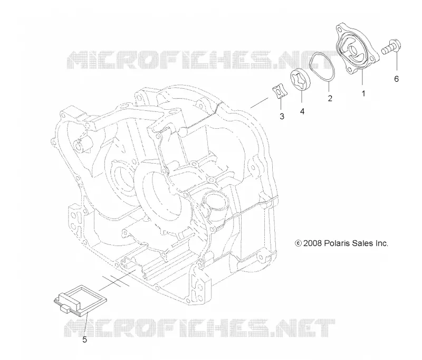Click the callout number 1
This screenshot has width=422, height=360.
click(x=363, y=93)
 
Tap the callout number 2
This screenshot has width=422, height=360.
click(x=330, y=98)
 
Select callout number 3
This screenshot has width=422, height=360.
click(x=282, y=116)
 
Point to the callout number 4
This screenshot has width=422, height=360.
click(x=302, y=111)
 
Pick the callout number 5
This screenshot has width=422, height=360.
click(x=84, y=340)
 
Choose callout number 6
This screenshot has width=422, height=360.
click(x=396, y=79)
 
